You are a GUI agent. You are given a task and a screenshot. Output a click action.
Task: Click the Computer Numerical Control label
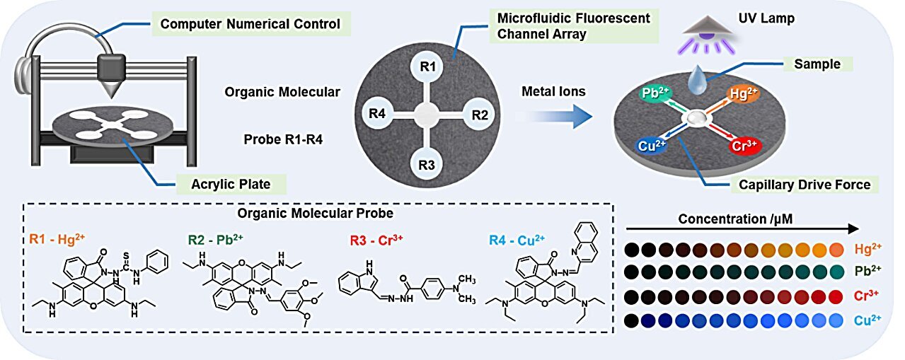click(x=250, y=25)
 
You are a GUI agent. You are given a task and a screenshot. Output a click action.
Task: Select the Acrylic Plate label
click(x=230, y=186)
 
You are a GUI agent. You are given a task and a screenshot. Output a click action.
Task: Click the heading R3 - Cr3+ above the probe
click(x=373, y=239)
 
